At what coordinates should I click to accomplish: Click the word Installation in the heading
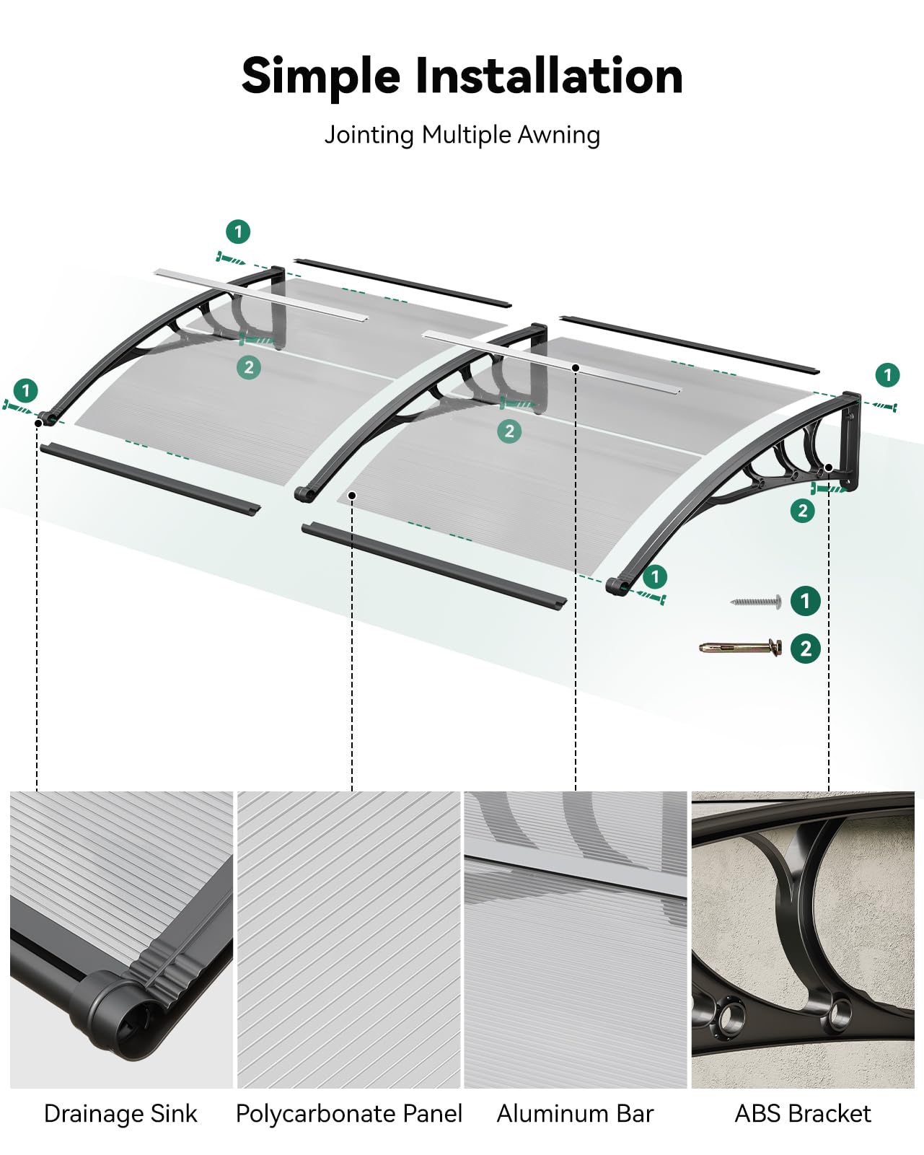(549, 76)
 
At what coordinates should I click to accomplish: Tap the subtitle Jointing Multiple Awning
(462, 135)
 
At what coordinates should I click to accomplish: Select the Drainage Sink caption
(120, 1114)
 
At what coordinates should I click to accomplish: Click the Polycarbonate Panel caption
(349, 1114)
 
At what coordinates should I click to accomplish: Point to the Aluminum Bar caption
(575, 1114)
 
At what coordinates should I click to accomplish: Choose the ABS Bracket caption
(803, 1114)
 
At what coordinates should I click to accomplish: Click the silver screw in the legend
(755, 602)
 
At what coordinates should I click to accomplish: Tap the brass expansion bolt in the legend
(741, 648)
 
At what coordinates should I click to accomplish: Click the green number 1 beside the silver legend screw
(806, 600)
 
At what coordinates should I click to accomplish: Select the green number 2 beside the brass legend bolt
(806, 649)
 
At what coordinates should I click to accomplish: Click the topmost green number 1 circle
(238, 232)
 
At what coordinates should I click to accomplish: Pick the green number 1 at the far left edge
(26, 390)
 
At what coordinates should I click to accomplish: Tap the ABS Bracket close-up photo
(803, 939)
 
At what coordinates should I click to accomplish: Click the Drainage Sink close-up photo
(121, 939)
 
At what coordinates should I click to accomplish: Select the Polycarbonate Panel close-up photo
(349, 939)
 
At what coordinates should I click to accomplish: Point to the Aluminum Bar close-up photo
(575, 939)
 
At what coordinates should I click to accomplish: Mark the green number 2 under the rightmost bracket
(803, 511)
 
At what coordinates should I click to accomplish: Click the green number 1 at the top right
(887, 374)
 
